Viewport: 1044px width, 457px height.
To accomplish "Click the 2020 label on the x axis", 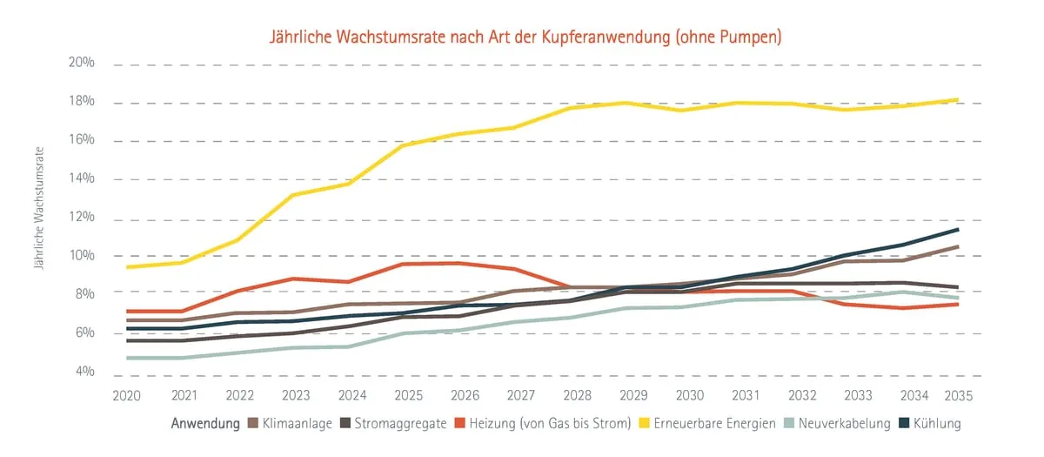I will click(x=127, y=395).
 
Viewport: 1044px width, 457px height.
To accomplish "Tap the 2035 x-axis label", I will click(x=957, y=395).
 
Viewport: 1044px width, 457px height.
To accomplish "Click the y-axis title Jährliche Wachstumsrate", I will click(x=39, y=207).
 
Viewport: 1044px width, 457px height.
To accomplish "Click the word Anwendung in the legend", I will click(x=205, y=424).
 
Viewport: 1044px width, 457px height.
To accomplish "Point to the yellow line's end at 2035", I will click(x=958, y=100).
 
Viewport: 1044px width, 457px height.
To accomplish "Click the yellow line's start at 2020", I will click(x=127, y=267).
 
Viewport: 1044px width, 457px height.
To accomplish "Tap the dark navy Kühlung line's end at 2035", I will click(x=958, y=230).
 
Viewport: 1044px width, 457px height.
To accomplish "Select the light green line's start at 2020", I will click(x=127, y=358).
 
